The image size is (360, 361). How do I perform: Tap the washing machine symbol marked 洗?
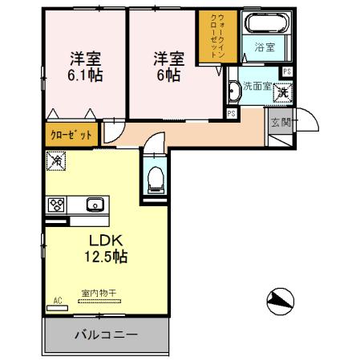[283, 93]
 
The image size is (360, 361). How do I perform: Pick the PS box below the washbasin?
[231, 114]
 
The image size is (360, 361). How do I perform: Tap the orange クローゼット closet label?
[73, 134]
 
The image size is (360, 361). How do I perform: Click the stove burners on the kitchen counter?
[58, 205]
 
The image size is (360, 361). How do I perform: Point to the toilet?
[156, 178]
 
